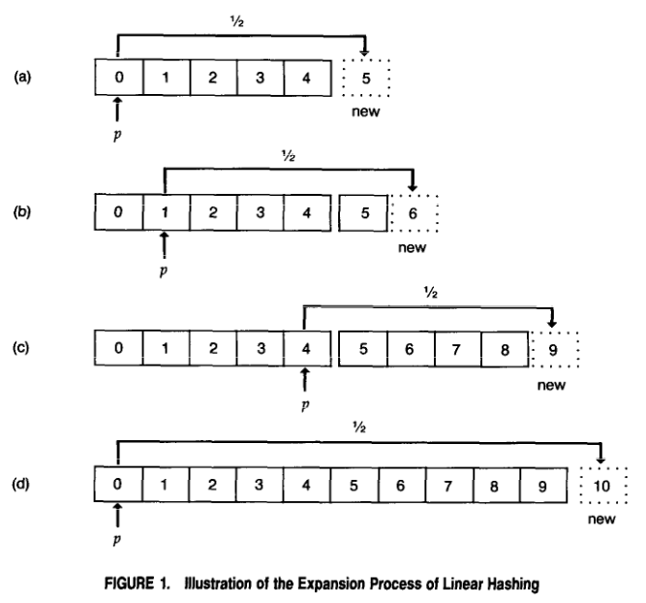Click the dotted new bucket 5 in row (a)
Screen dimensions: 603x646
point(365,79)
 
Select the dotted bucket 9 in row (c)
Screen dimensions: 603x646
point(554,347)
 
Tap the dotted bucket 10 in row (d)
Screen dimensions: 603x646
point(601,482)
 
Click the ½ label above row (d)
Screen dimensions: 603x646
point(360,425)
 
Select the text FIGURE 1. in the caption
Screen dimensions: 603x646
point(156,583)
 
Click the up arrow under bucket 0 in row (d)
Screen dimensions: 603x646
point(118,512)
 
